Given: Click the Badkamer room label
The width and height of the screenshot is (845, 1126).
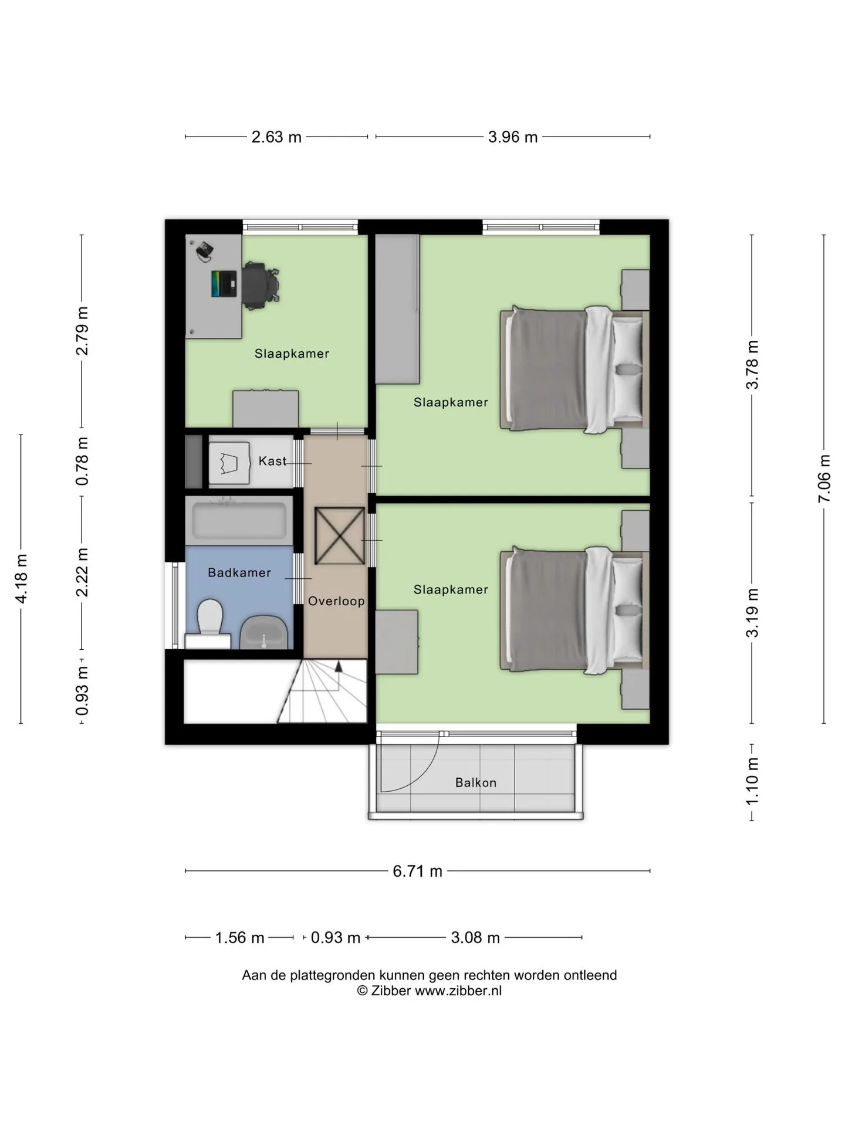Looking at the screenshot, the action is pos(239,573).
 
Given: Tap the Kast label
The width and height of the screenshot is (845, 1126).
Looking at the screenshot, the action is pos(272,462).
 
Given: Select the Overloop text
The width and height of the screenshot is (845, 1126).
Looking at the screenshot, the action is pos(336,601).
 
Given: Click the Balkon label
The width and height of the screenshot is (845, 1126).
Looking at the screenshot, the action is pos(476,783).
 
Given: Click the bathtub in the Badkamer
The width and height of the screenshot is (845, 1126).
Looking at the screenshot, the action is pos(239,521).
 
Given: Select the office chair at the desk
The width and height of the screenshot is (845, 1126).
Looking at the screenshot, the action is pos(261,286).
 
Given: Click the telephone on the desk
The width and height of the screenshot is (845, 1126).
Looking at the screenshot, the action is pos(204,250).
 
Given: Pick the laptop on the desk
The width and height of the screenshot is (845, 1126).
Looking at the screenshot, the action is pos(224,284).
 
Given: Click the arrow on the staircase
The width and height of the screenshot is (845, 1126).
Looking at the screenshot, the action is pos(338,666).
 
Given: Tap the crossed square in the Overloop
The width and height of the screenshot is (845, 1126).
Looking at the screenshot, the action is pos(340,536).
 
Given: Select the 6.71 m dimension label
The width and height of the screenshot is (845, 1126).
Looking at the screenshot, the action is pos(418,871).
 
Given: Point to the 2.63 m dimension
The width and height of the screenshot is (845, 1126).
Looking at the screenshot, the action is pos(276,137).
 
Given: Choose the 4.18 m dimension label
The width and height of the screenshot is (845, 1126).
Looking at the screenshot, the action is pos(22,578).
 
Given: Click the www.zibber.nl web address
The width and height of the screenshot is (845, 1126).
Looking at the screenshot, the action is pos(458,991).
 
